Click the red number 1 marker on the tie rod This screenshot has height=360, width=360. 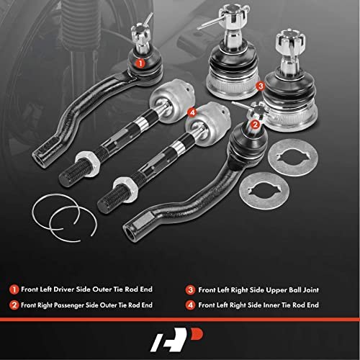140,63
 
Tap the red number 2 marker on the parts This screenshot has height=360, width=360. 255,125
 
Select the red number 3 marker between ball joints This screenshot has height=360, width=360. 261,86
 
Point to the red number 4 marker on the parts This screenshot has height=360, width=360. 192,112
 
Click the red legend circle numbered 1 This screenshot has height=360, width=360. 14,289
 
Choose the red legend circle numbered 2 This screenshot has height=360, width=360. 14,305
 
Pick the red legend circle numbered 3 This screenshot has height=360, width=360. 190,289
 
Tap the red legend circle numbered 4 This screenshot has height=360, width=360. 190,305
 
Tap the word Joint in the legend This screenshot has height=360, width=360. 310,290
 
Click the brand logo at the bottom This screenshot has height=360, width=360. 176,339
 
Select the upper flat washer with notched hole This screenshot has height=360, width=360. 293,158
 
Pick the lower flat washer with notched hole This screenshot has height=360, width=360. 264,191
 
